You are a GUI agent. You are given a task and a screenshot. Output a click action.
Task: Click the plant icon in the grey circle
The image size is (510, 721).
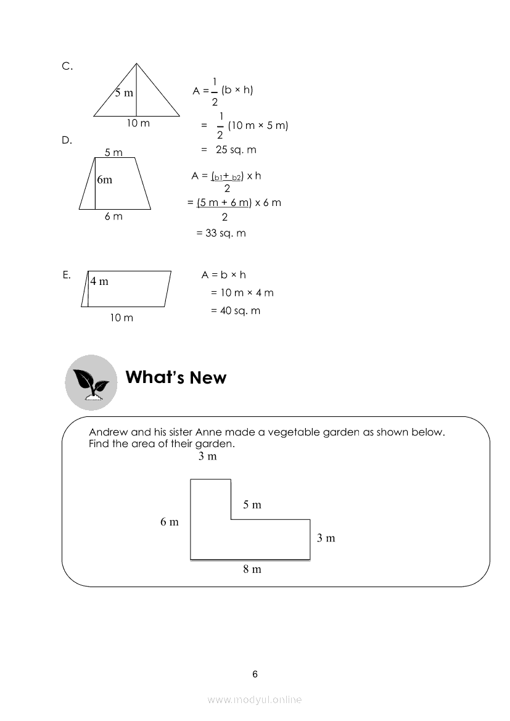(x=91, y=382)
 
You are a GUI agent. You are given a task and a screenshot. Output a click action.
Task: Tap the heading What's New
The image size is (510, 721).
(x=176, y=377)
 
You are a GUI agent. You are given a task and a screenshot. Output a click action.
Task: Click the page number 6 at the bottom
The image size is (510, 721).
(x=255, y=674)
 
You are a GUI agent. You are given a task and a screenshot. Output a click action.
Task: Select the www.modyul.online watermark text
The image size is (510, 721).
(x=255, y=699)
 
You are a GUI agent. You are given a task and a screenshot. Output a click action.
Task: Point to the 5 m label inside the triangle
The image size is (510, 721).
(x=123, y=93)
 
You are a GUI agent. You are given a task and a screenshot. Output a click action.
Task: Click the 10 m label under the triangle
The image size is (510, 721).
(x=138, y=123)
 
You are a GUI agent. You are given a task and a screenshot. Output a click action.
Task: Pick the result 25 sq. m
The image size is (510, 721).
(x=236, y=150)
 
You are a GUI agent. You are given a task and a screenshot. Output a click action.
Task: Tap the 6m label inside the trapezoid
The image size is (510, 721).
(x=104, y=179)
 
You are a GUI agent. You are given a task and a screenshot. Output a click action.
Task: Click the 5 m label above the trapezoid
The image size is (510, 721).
(x=113, y=152)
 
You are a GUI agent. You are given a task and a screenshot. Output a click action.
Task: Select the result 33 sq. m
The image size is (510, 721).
(x=221, y=233)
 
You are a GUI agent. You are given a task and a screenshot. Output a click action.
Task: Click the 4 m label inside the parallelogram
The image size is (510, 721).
(x=99, y=281)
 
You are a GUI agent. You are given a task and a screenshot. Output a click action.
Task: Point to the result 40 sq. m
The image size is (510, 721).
(x=236, y=311)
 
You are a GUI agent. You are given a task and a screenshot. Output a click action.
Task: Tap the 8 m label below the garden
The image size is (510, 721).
(x=252, y=569)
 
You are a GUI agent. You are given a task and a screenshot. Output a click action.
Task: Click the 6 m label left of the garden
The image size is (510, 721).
(x=169, y=522)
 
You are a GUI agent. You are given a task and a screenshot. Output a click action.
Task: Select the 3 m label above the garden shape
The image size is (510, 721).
(x=207, y=456)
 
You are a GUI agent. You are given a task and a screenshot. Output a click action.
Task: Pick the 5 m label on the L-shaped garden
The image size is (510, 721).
(x=252, y=505)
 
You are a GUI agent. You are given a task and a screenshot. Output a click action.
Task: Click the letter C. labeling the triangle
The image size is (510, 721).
(x=67, y=66)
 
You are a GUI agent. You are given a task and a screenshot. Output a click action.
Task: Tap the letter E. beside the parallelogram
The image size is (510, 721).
(x=67, y=275)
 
